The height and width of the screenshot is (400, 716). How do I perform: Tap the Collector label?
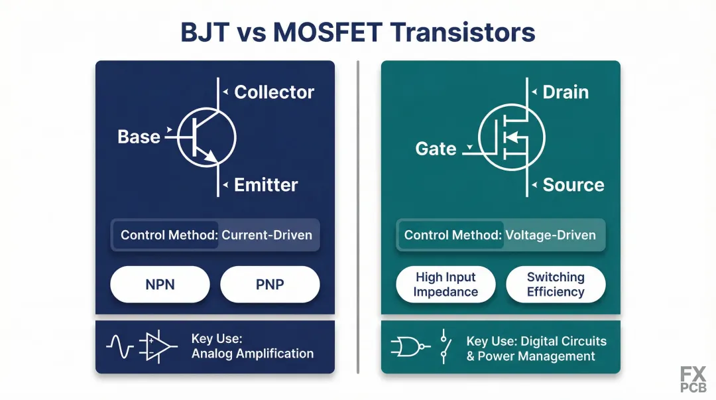point(274,92)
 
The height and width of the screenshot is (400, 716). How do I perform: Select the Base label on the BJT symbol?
point(139,137)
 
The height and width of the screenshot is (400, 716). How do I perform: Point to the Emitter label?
point(266,185)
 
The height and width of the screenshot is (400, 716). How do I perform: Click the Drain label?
point(566,92)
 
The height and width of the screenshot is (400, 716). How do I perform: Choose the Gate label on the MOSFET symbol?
point(436,149)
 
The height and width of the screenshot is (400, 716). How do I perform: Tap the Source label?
point(573,185)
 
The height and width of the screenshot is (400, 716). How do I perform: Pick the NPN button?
point(160,285)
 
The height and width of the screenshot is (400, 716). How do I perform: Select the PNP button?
point(270,285)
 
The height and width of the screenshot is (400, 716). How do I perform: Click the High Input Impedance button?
point(446,285)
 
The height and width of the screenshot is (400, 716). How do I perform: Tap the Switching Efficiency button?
point(556,285)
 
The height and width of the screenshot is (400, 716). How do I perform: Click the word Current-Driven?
point(267,235)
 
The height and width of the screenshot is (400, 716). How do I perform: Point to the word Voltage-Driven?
point(550,235)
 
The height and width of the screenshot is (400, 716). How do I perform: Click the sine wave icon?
point(120,346)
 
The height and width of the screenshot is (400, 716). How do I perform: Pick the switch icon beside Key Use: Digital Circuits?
point(445,346)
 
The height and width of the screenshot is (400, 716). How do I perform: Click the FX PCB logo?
point(693,379)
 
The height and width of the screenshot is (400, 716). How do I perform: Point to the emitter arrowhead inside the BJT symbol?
point(211,157)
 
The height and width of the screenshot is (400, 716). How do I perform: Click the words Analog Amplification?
point(253,354)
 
